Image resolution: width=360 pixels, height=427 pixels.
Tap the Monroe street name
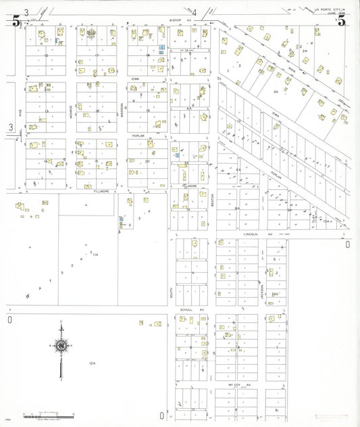point(72,109)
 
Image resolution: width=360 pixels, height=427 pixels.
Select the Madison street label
point(122,109)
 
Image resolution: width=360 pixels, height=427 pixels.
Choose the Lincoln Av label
point(257,234)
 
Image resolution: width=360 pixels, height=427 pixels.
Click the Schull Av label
point(187,310)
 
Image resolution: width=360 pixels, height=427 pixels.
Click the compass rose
point(61,345)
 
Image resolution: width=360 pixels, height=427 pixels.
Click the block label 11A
point(96,254)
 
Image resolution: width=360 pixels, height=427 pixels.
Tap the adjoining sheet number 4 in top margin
point(194,12)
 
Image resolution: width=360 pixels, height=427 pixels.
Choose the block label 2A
point(305,51)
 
